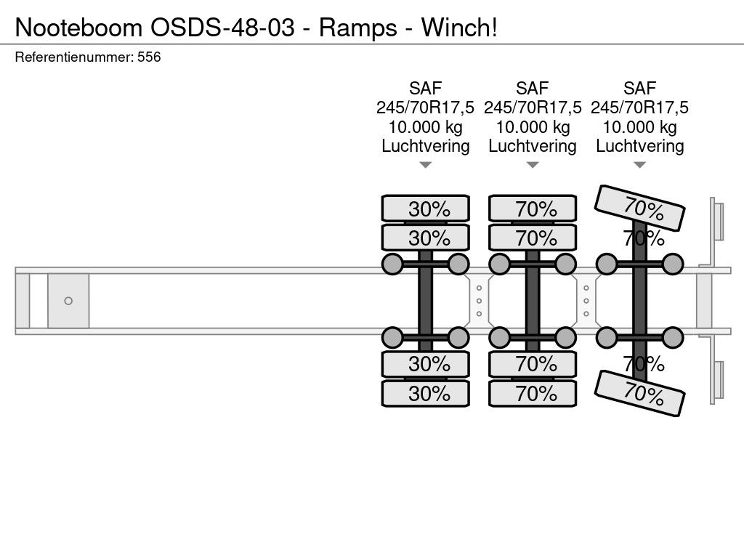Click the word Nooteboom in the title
click(78, 28)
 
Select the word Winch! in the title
click(459, 28)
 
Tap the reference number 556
click(149, 57)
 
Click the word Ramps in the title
click(357, 28)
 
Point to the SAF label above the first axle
click(426, 88)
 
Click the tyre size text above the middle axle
click(533, 108)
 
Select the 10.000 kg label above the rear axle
click(639, 127)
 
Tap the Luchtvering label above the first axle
click(426, 146)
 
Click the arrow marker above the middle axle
click(533, 165)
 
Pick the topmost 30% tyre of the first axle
click(426, 209)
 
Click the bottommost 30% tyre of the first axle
click(426, 393)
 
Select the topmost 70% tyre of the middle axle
click(533, 209)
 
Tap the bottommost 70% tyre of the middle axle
click(533, 393)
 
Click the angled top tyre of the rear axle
click(639, 208)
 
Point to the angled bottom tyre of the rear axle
click(639, 393)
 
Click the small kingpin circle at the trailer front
click(68, 301)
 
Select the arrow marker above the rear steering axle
click(639, 165)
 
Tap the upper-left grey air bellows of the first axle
click(392, 264)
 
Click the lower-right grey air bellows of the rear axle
click(673, 338)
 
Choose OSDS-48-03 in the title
click(222, 28)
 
